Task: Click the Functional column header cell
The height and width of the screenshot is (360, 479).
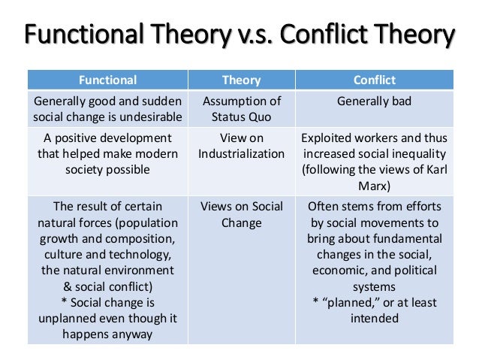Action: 107,80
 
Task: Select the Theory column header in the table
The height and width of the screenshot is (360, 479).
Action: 241,80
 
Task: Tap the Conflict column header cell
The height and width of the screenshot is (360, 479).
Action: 375,80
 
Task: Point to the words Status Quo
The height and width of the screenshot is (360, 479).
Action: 241,117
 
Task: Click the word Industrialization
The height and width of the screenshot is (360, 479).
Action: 241,154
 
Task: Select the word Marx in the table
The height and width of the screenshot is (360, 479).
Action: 374,186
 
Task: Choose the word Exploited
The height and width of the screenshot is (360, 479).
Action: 325,138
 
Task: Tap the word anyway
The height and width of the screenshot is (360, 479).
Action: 132,334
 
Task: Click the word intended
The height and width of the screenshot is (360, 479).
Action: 374,319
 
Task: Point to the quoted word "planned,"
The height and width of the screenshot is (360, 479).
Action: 351,303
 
